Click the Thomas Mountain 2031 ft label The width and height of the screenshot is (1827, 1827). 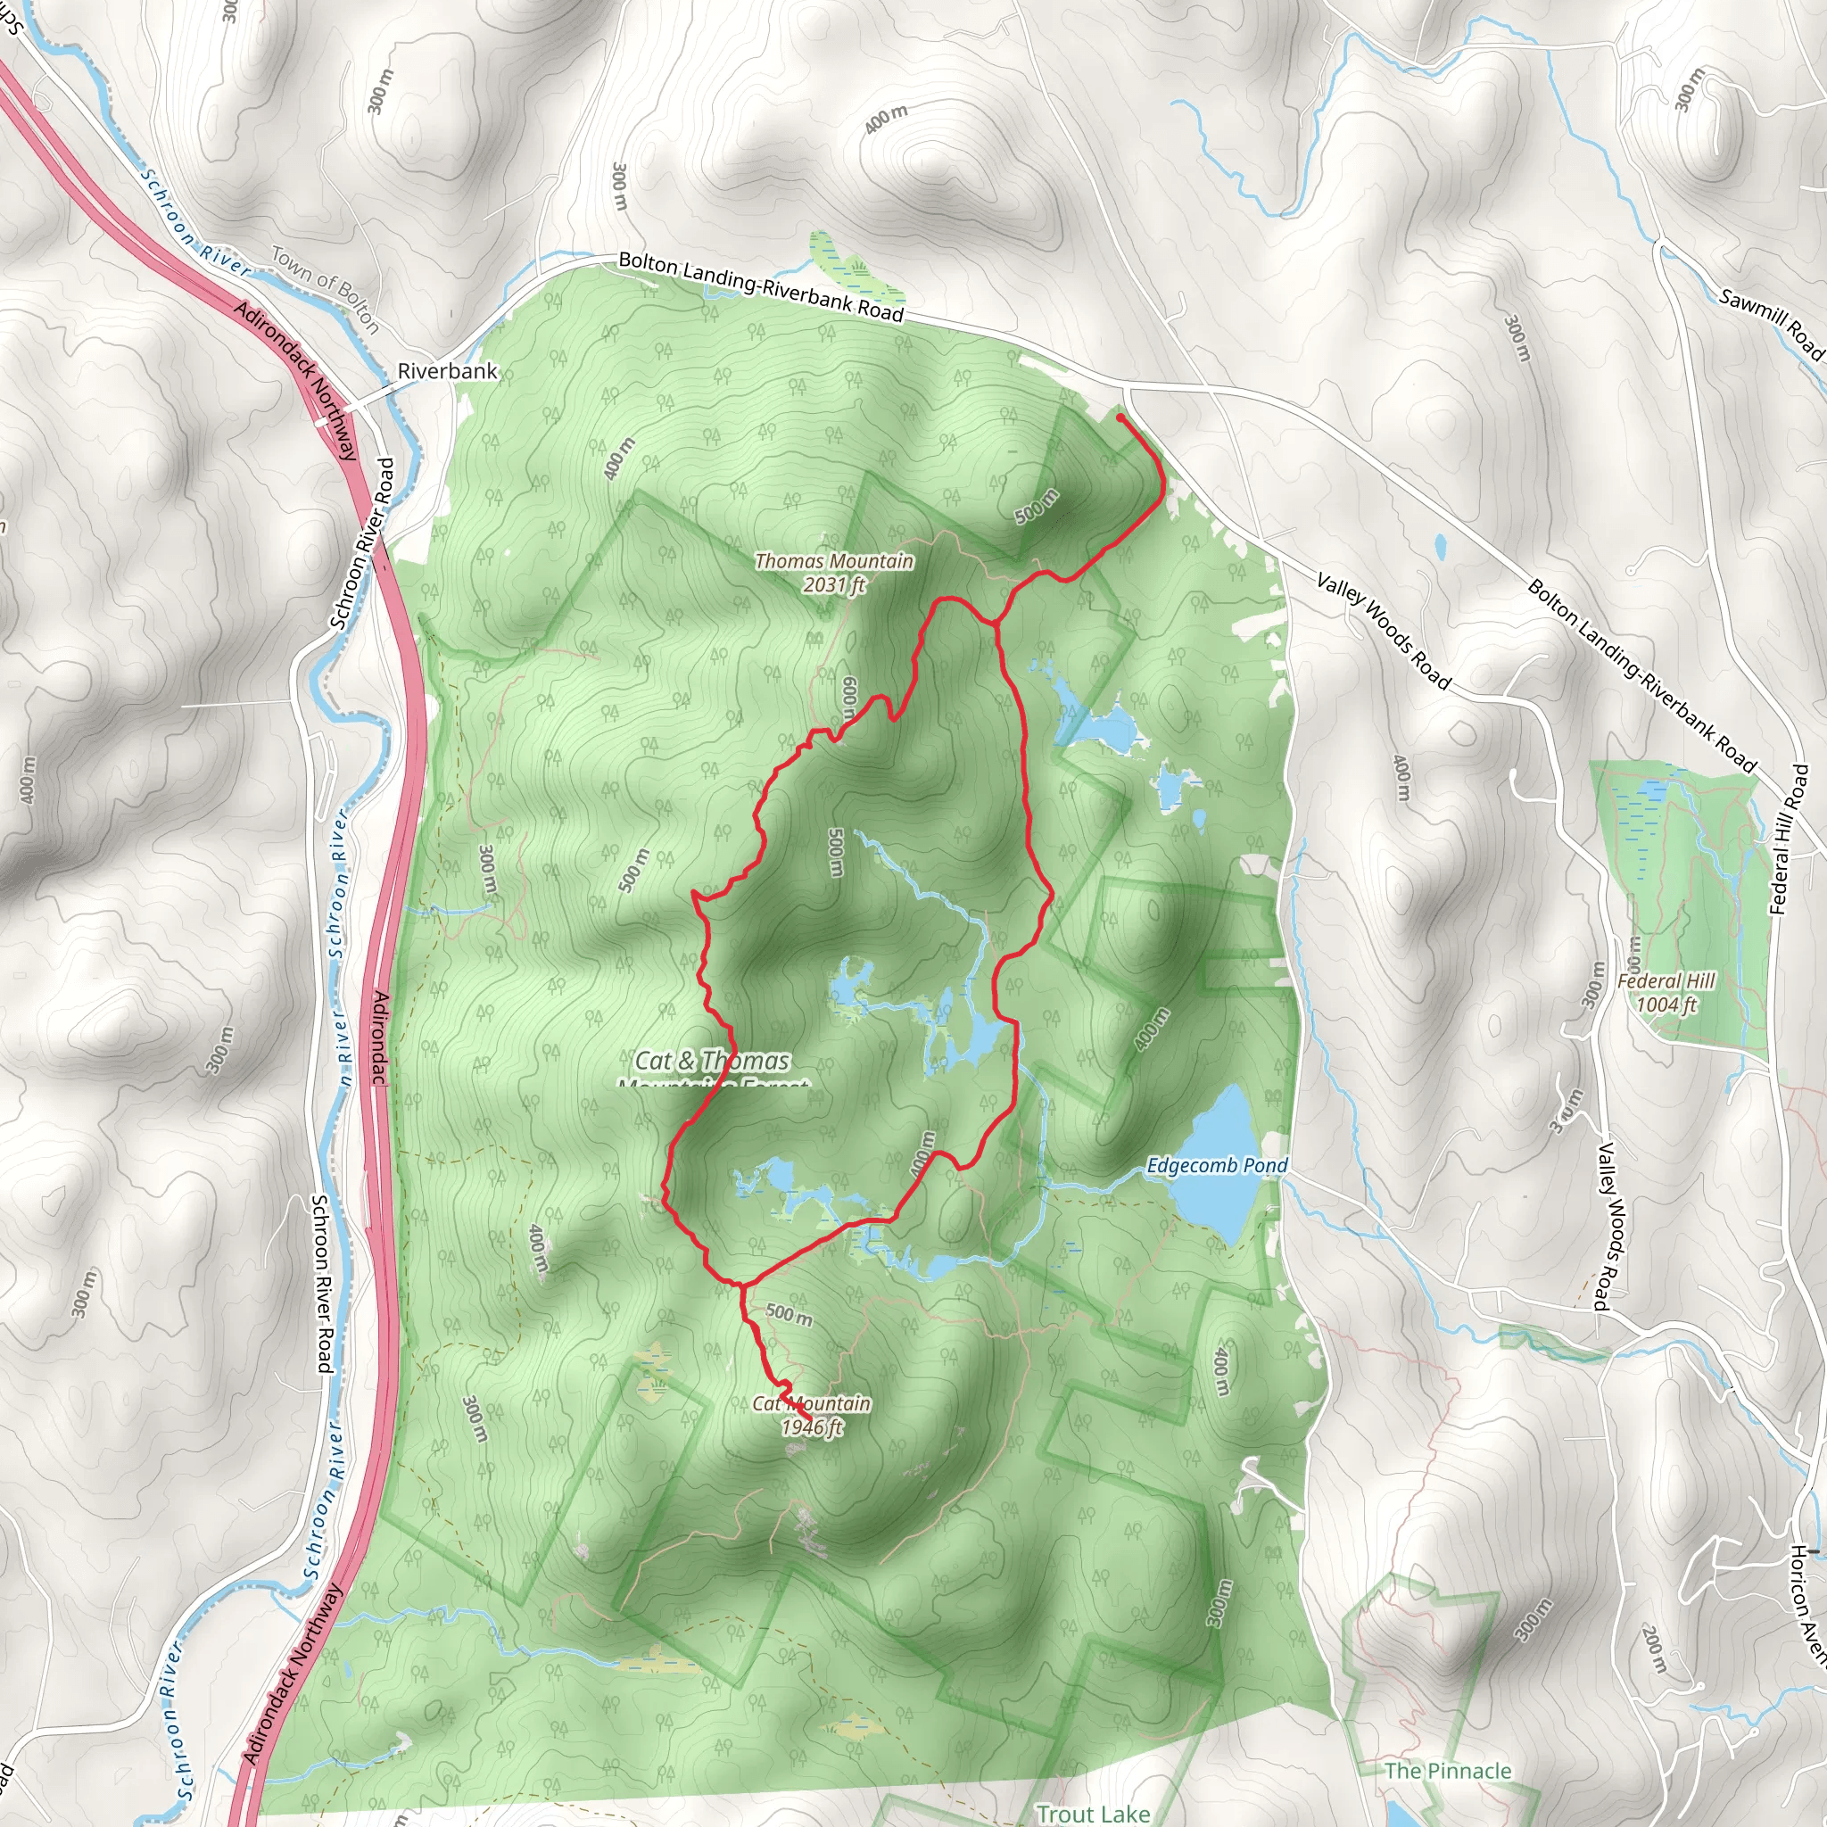click(834, 573)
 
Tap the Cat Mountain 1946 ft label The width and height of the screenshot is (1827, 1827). click(812, 1416)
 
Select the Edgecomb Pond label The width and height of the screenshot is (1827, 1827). click(1217, 1165)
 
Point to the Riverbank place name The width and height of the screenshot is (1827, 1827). click(447, 371)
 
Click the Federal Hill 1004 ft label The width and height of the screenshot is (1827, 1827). click(1666, 993)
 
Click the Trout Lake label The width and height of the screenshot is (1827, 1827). click(1093, 1814)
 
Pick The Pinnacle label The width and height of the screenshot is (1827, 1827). click(1448, 1771)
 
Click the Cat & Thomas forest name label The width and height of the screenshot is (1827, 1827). click(712, 1062)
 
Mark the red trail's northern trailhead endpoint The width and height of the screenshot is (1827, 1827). click(1120, 416)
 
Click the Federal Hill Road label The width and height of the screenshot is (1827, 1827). click(1790, 840)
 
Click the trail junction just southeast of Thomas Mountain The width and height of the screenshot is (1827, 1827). click(995, 623)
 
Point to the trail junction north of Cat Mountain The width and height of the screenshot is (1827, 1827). click(741, 1286)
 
